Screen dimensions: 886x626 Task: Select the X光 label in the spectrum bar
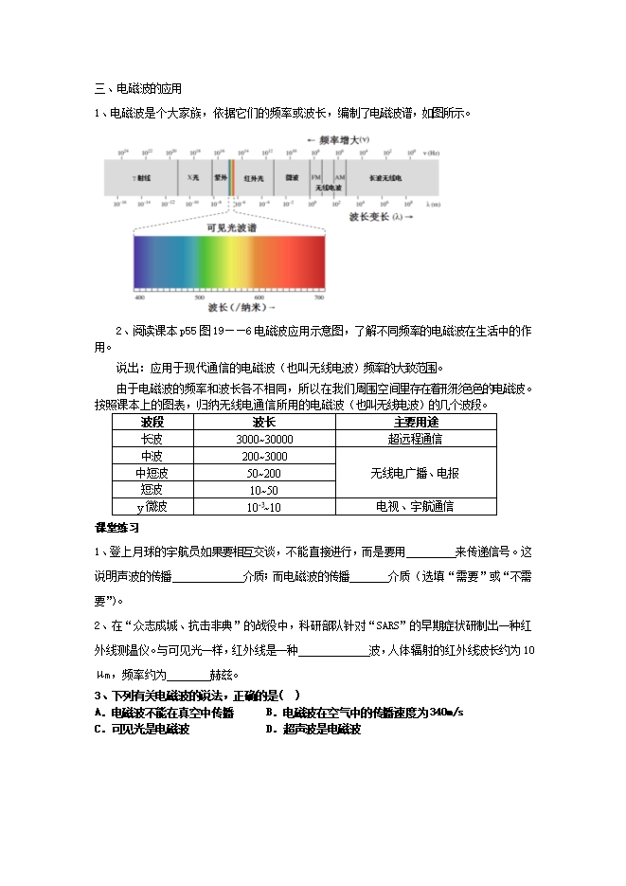coord(192,177)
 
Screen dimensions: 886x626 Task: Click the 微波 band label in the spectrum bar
coord(292,177)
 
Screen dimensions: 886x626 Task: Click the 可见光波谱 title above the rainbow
coord(232,228)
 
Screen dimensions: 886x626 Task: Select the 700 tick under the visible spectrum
coord(318,298)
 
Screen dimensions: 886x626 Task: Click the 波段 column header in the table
coord(152,422)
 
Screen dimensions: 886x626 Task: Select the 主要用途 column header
coord(416,422)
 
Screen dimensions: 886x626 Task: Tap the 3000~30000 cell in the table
coord(264,439)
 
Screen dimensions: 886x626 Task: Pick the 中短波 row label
coord(152,473)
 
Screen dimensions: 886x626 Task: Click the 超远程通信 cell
coord(416,439)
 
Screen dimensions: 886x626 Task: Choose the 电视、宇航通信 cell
coord(416,507)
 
